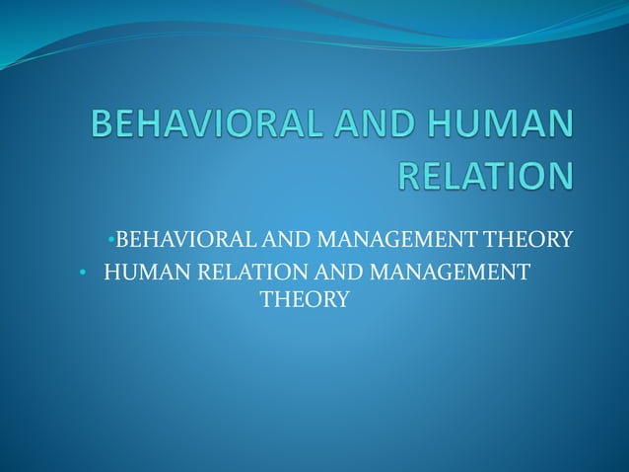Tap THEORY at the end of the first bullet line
click(523, 239)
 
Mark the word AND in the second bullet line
click(326, 270)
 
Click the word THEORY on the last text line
click(304, 299)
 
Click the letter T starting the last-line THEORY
click(265, 299)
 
